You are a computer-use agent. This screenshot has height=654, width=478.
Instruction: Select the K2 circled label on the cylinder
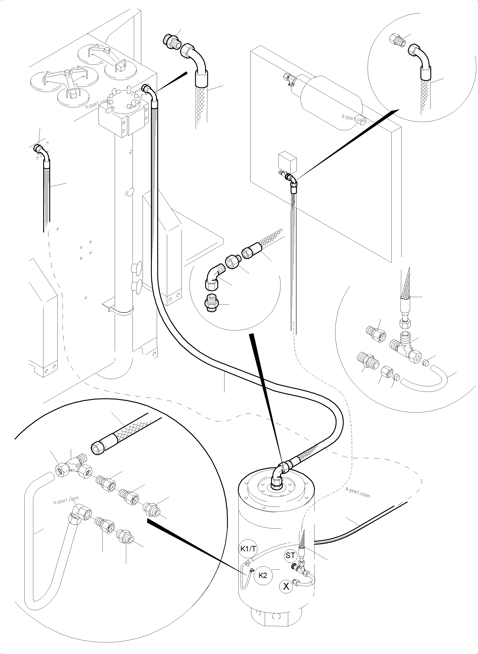coord(263,575)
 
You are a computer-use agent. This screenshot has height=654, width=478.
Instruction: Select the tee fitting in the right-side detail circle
coord(405,345)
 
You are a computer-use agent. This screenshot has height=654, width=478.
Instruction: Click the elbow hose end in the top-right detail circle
coord(420,56)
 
